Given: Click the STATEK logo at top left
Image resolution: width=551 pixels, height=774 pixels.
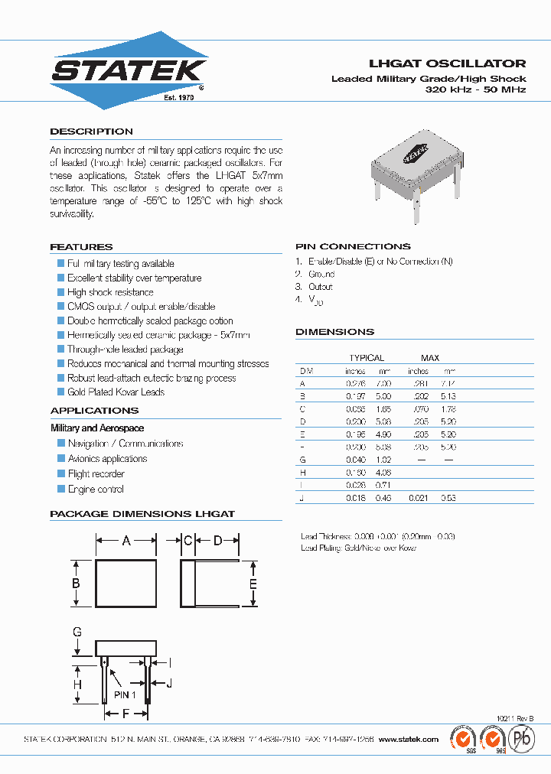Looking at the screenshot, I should coord(129,70).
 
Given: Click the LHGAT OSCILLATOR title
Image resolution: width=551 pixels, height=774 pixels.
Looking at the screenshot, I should coord(448,63).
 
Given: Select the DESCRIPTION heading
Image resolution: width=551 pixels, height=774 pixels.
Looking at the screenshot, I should coord(91,132).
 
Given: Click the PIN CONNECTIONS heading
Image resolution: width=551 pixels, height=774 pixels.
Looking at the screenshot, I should coord(353,246).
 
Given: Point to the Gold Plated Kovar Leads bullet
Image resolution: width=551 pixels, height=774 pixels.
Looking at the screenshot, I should coord(116,392).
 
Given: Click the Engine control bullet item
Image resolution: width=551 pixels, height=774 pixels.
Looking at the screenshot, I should coord(96,489).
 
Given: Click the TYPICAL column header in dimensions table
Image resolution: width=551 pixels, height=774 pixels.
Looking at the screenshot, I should coord(367,357).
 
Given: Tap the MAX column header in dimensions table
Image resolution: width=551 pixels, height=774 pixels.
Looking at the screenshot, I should coord(430,357).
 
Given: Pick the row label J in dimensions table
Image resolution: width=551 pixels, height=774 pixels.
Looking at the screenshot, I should coord(302,498).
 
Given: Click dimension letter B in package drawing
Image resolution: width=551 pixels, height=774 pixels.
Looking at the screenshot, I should coord(77,584).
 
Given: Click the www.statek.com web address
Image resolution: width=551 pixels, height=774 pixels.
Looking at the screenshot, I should coord(409,740).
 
